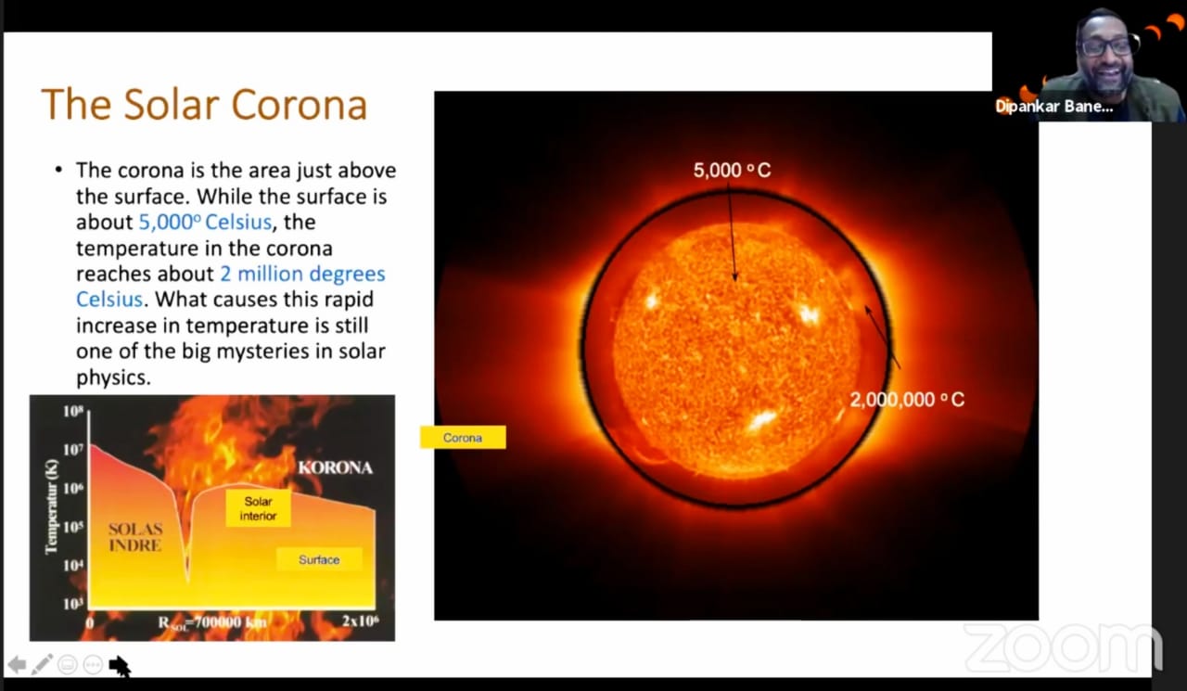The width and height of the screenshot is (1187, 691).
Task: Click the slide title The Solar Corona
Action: click(204, 104)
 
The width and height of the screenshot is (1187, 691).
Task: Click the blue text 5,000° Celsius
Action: click(205, 222)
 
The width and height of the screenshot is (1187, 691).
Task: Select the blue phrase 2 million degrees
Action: click(302, 274)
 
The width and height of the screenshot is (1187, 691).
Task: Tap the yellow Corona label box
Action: click(463, 438)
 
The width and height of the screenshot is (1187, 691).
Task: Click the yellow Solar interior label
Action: click(258, 508)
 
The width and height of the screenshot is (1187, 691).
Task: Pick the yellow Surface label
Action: click(319, 559)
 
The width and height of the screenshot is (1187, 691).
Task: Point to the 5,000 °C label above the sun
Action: click(733, 170)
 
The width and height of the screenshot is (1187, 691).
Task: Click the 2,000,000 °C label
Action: click(907, 400)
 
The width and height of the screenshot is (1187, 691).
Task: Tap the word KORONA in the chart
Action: click(336, 467)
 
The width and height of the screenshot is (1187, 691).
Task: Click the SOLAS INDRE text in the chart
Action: click(135, 537)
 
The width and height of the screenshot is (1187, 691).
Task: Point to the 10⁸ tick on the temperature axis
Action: click(73, 411)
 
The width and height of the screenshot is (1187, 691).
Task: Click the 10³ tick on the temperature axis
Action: click(73, 604)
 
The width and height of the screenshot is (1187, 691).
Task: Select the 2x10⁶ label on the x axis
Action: click(361, 620)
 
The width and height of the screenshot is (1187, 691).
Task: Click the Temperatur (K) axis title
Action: click(51, 507)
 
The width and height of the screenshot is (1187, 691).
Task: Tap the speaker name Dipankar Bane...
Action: click(1054, 107)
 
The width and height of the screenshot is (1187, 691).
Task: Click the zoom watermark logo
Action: click(1063, 647)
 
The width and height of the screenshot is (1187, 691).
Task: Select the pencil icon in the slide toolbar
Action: click(42, 664)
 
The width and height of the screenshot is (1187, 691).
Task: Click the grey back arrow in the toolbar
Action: click(17, 664)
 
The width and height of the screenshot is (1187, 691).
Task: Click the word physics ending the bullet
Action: click(113, 377)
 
